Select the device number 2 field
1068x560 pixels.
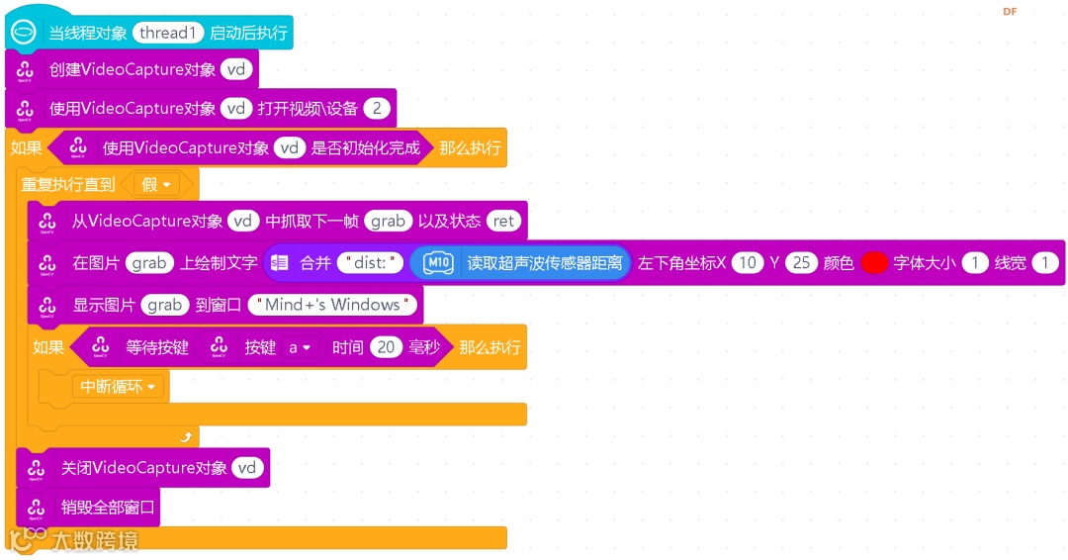377,109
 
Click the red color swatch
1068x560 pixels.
874,263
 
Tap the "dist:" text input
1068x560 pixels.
371,263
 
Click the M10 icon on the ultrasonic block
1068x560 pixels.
438,263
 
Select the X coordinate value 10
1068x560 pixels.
748,263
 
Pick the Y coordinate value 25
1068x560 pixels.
801,263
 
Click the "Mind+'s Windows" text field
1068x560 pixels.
333,305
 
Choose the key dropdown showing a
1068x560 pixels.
300,347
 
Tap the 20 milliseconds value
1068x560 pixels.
386,347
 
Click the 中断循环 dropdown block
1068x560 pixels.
120,387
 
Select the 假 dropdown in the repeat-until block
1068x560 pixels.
156,184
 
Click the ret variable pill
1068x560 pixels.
503,222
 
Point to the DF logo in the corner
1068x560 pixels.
1010,12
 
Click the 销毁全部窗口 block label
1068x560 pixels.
108,508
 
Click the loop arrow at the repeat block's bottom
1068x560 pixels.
185,436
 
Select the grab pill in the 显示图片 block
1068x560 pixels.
164,305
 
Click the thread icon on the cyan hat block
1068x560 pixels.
23,33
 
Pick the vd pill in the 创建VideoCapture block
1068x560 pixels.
235,69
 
